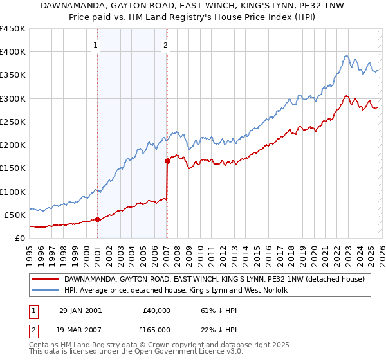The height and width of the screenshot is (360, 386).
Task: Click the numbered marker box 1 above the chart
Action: pyautogui.click(x=96, y=45)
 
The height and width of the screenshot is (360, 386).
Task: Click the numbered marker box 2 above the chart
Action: pyautogui.click(x=165, y=45)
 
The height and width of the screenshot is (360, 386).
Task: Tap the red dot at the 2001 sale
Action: pyautogui.click(x=98, y=219)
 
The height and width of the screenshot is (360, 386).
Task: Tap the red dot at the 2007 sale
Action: pyautogui.click(x=167, y=161)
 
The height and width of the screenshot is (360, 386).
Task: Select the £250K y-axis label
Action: pyautogui.click(x=13, y=122)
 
